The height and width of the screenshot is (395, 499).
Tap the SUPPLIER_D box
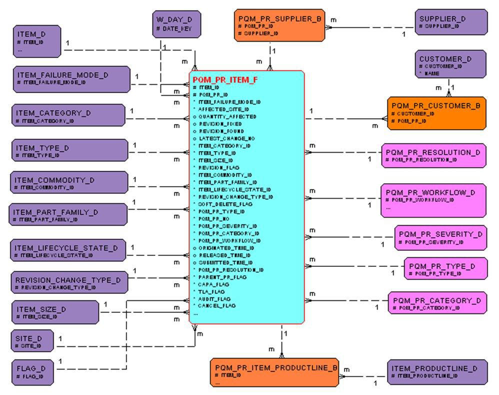pos(450,22)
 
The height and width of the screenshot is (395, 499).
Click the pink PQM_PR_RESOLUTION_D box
pos(433,155)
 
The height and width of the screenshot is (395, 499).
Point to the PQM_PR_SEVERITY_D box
pos(440,238)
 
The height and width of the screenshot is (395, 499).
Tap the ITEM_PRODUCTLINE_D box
pos(437,371)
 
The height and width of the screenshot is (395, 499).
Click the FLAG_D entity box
pos(32,372)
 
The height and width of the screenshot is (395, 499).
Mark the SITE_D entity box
pos(32,341)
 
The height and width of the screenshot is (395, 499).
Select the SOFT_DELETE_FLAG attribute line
pos(222,204)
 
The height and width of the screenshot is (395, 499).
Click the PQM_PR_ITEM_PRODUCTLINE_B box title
pos(274,368)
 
